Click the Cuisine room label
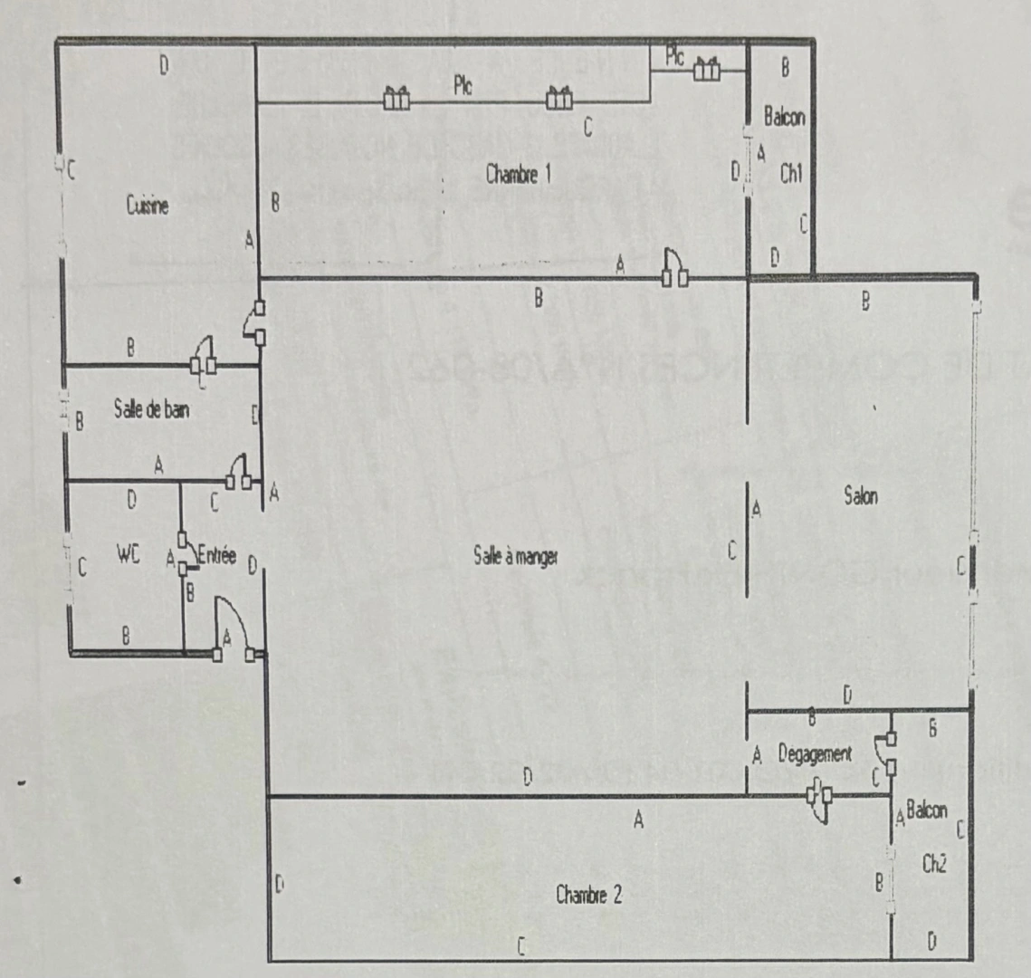[x=148, y=206]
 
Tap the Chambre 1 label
[x=518, y=174]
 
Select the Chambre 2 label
[x=588, y=896]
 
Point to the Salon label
[x=860, y=495]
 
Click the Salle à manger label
[x=515, y=557]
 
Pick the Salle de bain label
[x=152, y=409]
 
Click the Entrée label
[x=215, y=555]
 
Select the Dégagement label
[x=815, y=753]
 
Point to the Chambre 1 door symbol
[x=674, y=268]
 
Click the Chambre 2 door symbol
[x=820, y=802]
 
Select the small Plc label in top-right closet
[x=674, y=56]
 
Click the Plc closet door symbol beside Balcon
[x=706, y=67]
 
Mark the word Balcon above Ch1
[x=784, y=117]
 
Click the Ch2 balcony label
[x=934, y=864]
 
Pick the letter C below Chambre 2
[x=520, y=946]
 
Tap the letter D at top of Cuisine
[x=164, y=64]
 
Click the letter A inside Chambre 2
[x=638, y=821]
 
